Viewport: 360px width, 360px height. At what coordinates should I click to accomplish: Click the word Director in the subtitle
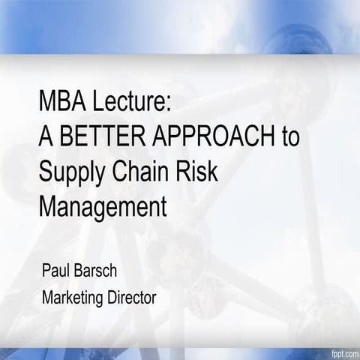click(x=132, y=297)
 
